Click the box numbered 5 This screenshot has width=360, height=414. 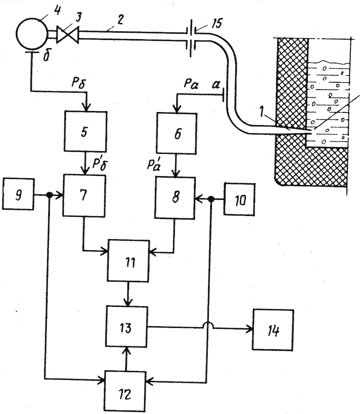[85, 131]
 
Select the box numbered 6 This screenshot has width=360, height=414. [177, 133]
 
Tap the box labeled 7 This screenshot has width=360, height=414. [84, 195]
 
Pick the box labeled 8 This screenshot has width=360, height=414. [175, 198]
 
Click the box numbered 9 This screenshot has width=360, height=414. [18, 194]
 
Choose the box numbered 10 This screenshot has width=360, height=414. [239, 199]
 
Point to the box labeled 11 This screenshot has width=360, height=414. [129, 261]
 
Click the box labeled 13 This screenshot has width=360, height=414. [127, 327]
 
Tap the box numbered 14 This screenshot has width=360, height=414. [273, 330]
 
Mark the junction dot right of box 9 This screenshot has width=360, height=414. [49, 195]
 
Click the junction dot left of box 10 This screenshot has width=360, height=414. [211, 199]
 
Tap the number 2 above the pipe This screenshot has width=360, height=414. [120, 20]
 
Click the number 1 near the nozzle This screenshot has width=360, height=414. [261, 111]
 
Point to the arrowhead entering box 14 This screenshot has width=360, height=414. [249, 329]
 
